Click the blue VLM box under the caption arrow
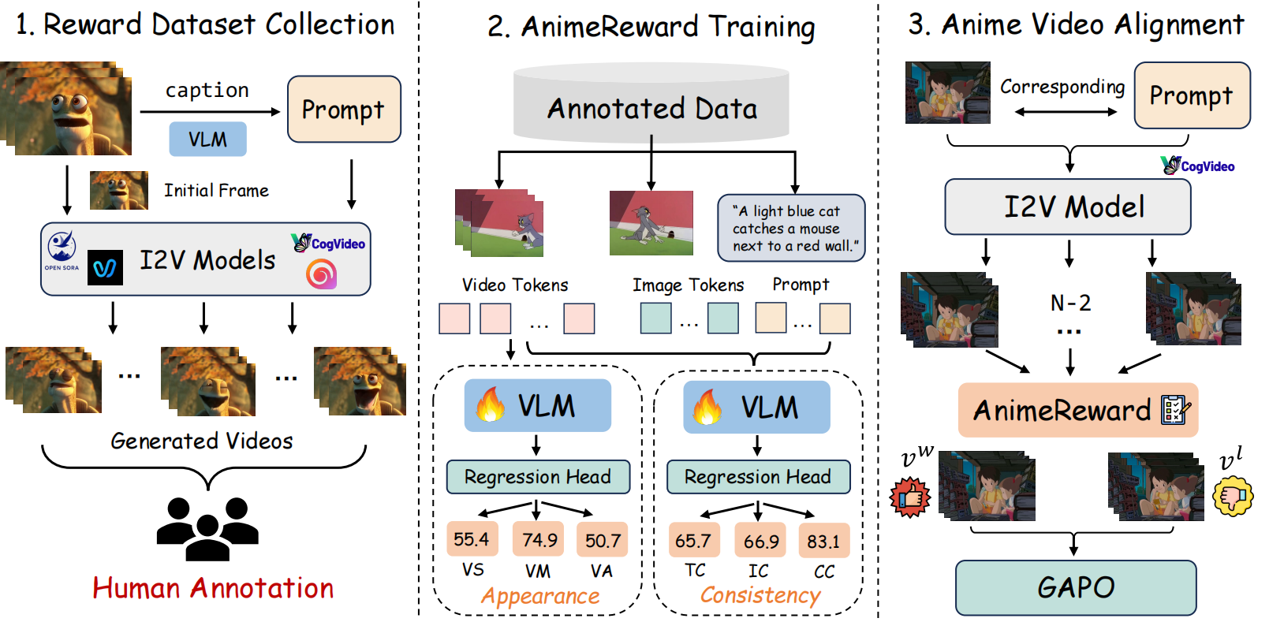click(x=207, y=139)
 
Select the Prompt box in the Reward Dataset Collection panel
click(x=344, y=109)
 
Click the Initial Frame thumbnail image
click(x=118, y=190)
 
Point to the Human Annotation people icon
click(x=207, y=529)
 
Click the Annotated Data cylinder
click(x=651, y=103)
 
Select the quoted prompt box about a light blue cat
click(x=792, y=228)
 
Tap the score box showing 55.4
click(x=472, y=538)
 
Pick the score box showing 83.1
click(x=823, y=540)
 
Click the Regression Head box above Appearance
click(x=538, y=476)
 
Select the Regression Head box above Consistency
click(x=758, y=476)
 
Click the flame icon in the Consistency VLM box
click(x=707, y=407)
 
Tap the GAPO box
click(x=1076, y=587)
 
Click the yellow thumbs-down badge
click(x=1233, y=495)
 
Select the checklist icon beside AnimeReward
click(x=1175, y=409)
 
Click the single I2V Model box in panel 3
click(x=1067, y=207)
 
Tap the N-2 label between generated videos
click(x=1070, y=303)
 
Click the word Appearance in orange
click(x=540, y=596)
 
